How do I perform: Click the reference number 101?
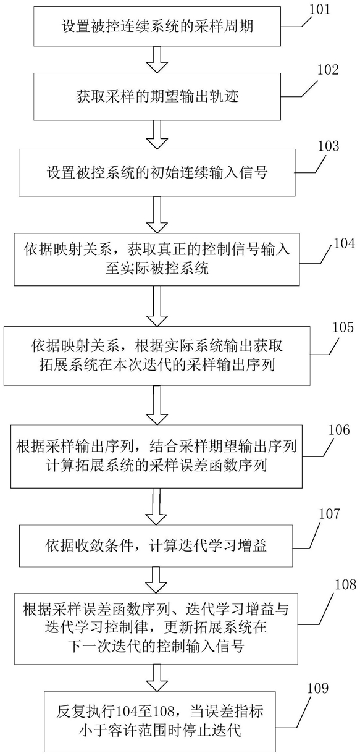(x=319, y=9)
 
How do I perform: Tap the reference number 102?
(x=328, y=70)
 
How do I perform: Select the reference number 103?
(x=329, y=146)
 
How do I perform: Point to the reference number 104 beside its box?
(x=344, y=243)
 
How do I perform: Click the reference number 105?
(x=343, y=327)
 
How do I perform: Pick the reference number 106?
(x=339, y=430)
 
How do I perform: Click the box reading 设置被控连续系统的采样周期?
(x=157, y=27)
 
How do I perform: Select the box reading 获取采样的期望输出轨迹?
(x=157, y=97)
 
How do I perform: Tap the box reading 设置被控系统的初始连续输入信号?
(x=157, y=173)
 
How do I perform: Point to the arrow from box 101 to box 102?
(x=157, y=60)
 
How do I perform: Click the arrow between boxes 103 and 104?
(x=157, y=215)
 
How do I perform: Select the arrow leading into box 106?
(x=157, y=405)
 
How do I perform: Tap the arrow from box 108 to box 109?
(x=157, y=677)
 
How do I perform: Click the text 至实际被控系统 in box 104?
(x=157, y=269)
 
